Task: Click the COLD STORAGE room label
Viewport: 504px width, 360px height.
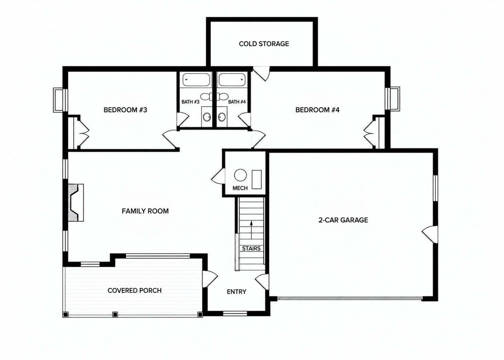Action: pos(264,44)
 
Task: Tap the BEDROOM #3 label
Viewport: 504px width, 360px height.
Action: pos(126,110)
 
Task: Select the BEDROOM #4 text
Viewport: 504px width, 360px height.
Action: pos(317,110)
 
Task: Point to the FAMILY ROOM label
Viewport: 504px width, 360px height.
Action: pos(145,211)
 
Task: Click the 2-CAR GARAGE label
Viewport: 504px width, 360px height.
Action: pos(343,220)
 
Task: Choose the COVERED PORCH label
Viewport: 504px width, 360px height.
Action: pos(135,290)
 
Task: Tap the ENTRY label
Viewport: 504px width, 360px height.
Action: pos(236,292)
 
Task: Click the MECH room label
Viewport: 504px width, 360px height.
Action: pos(240,188)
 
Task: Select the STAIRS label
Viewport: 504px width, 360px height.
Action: pos(252,248)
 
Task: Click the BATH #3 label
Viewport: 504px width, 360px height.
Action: pos(191,102)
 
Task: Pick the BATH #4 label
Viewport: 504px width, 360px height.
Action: pos(237,102)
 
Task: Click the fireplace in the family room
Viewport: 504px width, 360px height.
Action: pos(76,202)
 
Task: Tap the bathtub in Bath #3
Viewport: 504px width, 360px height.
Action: pos(197,80)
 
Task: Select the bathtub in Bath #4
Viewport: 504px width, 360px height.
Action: pos(232,80)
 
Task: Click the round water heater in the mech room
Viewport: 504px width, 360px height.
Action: pos(241,175)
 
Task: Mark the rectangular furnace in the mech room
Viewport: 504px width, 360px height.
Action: pos(257,179)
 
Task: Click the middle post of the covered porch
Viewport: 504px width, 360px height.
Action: pos(115,314)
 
